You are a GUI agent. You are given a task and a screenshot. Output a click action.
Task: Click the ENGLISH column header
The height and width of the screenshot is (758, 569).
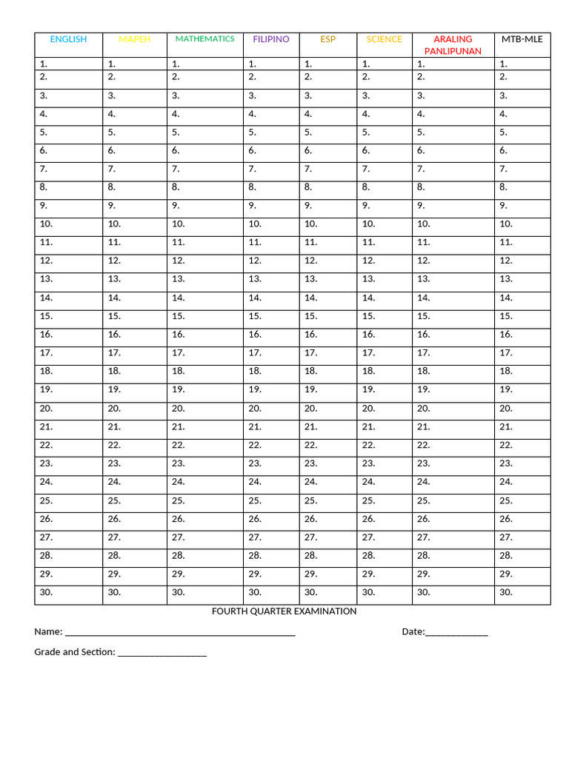pyautogui.click(x=68, y=39)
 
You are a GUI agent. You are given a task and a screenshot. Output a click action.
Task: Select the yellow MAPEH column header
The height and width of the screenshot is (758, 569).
pyautogui.click(x=135, y=39)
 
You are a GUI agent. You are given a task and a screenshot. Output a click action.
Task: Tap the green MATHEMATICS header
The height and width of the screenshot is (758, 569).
pyautogui.click(x=204, y=38)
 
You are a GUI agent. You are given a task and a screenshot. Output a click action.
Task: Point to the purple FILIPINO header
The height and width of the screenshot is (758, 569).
pyautogui.click(x=271, y=39)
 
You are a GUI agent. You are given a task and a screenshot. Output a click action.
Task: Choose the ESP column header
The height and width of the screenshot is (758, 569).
pyautogui.click(x=327, y=39)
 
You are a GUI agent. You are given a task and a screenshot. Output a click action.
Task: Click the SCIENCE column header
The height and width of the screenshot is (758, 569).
pyautogui.click(x=385, y=39)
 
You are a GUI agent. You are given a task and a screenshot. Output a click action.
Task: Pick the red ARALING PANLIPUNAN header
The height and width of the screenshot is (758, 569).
pyautogui.click(x=453, y=44)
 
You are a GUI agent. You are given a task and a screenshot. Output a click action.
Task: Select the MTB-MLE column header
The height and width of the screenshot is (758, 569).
pyautogui.click(x=522, y=39)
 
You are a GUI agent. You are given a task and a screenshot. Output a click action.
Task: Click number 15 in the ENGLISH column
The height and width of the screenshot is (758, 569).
pyautogui.click(x=46, y=316)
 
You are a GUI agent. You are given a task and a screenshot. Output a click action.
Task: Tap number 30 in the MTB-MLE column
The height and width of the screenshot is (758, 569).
pyautogui.click(x=506, y=592)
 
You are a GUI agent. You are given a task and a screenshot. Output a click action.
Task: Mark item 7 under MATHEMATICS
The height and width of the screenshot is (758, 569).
pyautogui.click(x=177, y=169)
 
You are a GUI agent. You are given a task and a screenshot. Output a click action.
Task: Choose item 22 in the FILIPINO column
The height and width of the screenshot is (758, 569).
pyautogui.click(x=255, y=445)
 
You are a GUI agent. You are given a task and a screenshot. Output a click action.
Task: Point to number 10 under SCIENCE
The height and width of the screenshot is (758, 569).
pyautogui.click(x=369, y=224)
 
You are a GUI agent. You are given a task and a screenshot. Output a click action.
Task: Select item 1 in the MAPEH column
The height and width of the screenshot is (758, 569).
pyautogui.click(x=111, y=64)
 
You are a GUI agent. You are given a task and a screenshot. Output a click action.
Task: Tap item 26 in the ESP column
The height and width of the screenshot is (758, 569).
pyautogui.click(x=310, y=519)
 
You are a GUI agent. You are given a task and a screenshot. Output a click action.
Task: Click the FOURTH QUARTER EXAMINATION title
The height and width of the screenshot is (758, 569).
pyautogui.click(x=284, y=611)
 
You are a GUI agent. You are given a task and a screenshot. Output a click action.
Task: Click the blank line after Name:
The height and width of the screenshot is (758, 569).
pyautogui.click(x=180, y=634)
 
